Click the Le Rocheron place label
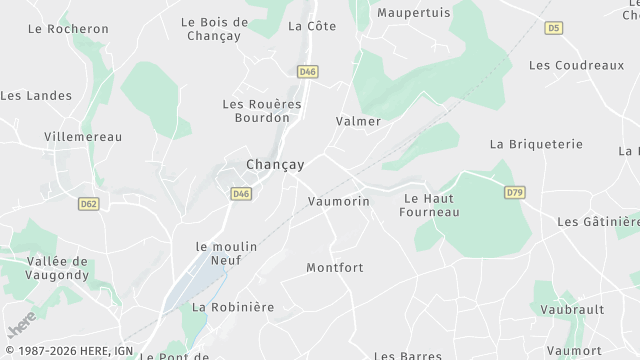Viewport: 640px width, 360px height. pos(68,29)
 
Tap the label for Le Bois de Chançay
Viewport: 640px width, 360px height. pos(215,29)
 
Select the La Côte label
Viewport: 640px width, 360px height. pos(312,26)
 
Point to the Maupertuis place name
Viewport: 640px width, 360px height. pos(414,13)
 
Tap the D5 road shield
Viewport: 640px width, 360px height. pos(554,29)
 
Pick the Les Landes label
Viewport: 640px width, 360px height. pos(36,96)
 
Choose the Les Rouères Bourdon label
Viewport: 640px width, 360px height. pos(254,110)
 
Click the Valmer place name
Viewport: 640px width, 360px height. pos(358,121)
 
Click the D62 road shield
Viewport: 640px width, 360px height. pos(89,203)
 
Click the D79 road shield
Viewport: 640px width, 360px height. pos(514,192)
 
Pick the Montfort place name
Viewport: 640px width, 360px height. pos(335,268)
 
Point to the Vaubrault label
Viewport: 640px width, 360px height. pos(572,310)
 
